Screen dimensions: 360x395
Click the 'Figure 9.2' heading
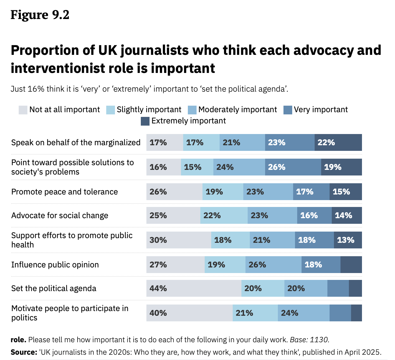pyautogui.click(x=40, y=15)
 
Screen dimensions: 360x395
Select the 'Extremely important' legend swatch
pyautogui.click(x=145, y=121)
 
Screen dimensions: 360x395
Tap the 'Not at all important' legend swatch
pyautogui.click(x=23, y=110)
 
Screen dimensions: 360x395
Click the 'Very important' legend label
pyautogui.click(x=321, y=110)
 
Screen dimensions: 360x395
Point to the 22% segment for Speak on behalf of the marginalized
pyautogui.click(x=338, y=142)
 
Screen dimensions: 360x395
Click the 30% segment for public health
pyautogui.click(x=179, y=240)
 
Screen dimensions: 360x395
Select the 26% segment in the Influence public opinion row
pyautogui.click(x=273, y=265)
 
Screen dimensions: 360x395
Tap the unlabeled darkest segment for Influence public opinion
pyautogui.click(x=351, y=265)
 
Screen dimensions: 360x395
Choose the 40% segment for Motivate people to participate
pyautogui.click(x=189, y=313)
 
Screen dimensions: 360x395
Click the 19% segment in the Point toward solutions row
pyautogui.click(x=341, y=167)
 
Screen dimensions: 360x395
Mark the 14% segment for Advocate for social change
pyautogui.click(x=347, y=215)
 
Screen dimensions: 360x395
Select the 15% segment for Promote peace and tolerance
pyautogui.click(x=345, y=192)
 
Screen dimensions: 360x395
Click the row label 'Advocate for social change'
pyautogui.click(x=60, y=215)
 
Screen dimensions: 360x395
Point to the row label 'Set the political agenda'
pyautogui.click(x=54, y=288)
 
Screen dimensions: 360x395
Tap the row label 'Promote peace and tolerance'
pyautogui.click(x=64, y=192)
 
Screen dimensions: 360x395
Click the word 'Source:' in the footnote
pyautogui.click(x=24, y=352)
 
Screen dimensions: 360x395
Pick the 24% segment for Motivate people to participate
pyautogui.click(x=303, y=313)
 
